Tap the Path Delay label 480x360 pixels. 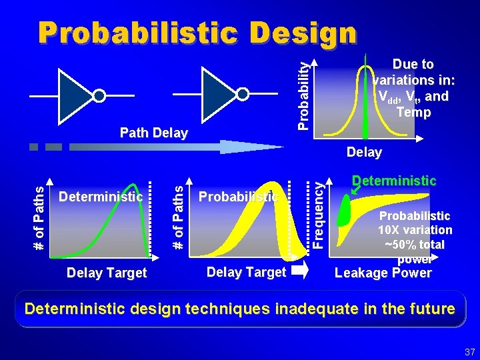[x=153, y=133]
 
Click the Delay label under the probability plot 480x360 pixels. [x=364, y=153]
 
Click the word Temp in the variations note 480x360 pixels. [x=413, y=112]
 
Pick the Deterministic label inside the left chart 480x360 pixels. [x=101, y=197]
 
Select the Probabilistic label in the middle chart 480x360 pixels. [x=238, y=197]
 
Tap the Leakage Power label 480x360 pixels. [x=383, y=273]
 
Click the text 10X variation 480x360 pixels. [x=415, y=230]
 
